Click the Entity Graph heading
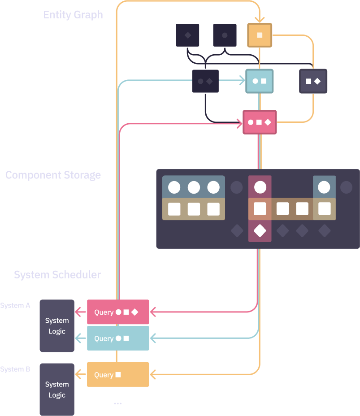tap(73, 15)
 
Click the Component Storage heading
tap(53, 175)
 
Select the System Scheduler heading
tap(57, 274)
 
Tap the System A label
tap(15, 306)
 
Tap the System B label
tap(15, 369)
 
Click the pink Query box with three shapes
tap(118, 312)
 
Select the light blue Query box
tap(118, 338)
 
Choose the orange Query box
tap(118, 375)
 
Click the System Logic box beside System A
tap(57, 326)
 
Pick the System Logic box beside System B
tap(57, 390)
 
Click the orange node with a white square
tap(260, 35)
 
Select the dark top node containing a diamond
tap(187, 35)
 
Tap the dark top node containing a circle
tap(225, 35)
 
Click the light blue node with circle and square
tap(259, 81)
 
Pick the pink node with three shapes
tap(260, 122)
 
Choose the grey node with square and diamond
tap(313, 81)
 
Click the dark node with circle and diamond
tap(205, 81)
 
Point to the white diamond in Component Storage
tap(260, 231)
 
